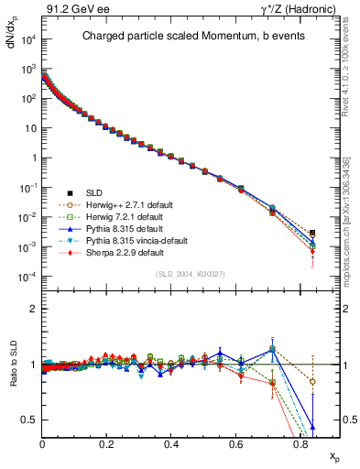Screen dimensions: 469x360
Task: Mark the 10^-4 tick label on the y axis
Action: pos(27,277)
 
